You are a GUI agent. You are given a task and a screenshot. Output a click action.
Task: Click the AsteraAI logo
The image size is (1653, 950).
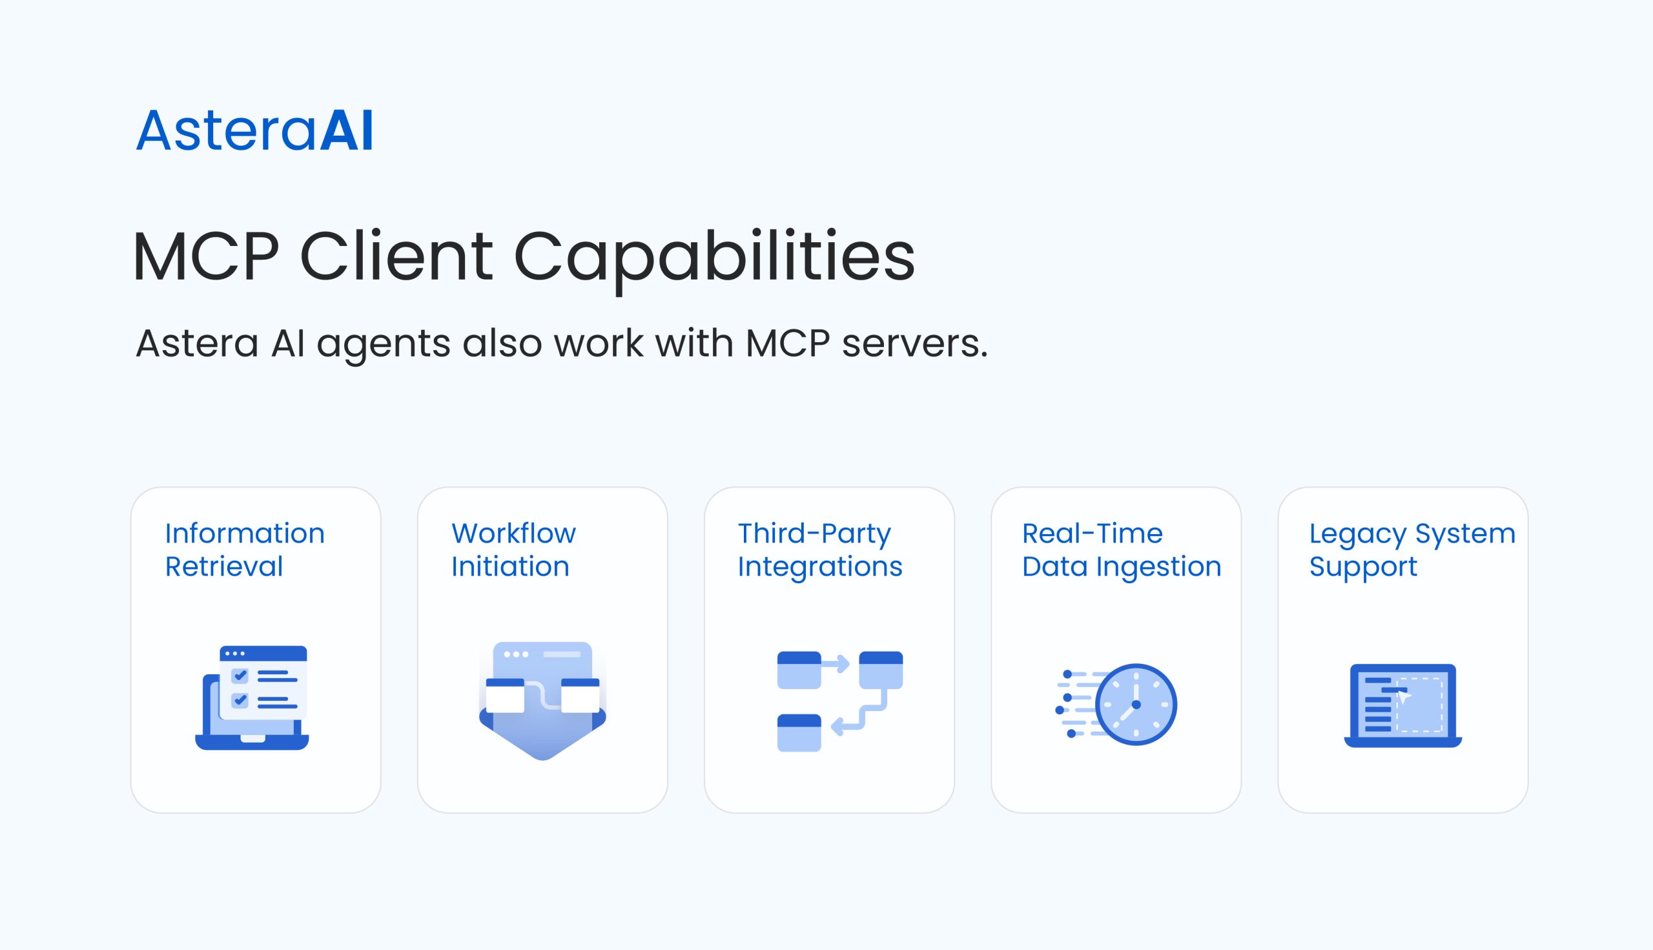click(254, 130)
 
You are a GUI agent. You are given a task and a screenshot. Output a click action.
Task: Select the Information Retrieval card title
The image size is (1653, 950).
click(245, 550)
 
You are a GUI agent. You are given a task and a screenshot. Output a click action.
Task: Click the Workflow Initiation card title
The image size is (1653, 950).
click(513, 550)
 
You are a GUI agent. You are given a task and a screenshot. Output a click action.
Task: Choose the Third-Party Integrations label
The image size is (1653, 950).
click(820, 550)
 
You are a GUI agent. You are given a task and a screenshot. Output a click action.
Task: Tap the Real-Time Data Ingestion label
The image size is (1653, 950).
click(1122, 550)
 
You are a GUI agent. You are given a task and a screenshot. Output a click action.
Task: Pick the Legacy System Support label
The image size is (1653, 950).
click(1412, 550)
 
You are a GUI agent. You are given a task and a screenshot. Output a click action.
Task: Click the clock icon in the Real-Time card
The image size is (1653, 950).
click(1136, 705)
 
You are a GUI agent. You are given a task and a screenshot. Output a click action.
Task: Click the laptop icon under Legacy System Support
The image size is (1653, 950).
click(1403, 705)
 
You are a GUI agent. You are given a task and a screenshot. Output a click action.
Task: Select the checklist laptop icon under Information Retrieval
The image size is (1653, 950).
click(252, 697)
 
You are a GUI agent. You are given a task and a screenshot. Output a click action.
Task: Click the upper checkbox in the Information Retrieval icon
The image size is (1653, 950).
click(240, 676)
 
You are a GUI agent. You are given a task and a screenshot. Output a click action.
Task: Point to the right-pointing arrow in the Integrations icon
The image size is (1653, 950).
click(836, 664)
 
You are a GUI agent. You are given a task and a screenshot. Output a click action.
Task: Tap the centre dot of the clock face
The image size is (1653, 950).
click(1136, 705)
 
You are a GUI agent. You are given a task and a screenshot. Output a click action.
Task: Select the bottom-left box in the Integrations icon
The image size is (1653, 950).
click(799, 734)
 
